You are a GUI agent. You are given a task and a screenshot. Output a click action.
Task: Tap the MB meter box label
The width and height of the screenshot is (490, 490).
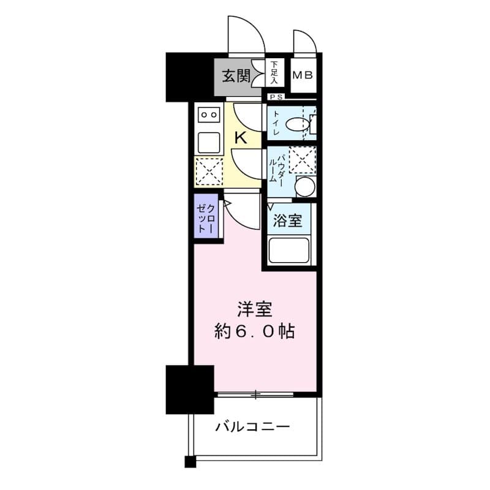pos(303,76)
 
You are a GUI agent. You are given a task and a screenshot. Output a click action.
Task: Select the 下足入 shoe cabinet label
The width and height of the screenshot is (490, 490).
pos(275,72)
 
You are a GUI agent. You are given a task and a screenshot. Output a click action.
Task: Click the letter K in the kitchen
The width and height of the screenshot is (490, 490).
pos(241,138)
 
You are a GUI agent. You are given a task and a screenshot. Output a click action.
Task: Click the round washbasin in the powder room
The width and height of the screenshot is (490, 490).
pos(304,187)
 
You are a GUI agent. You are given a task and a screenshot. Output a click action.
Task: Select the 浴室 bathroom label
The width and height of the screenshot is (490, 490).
pos(287,221)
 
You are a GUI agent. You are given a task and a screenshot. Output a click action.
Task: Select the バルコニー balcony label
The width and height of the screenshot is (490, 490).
pos(252,427)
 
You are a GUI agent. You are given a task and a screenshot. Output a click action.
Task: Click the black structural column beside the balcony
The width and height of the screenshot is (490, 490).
pos(190,388)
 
